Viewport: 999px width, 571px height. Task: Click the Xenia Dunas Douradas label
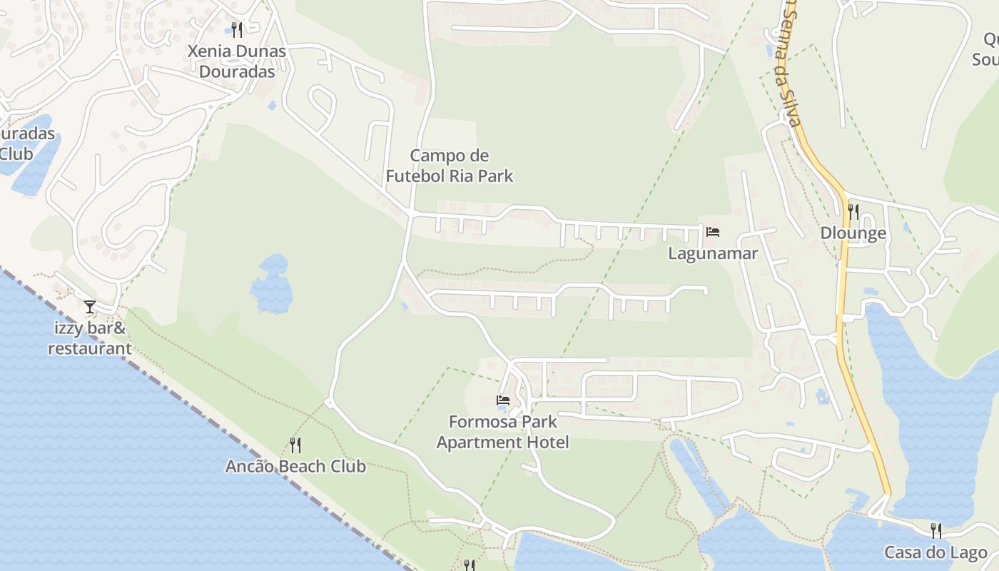pyautogui.click(x=237, y=61)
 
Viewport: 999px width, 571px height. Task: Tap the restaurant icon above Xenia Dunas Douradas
pyautogui.click(x=238, y=29)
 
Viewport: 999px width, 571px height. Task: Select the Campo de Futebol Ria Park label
pyautogui.click(x=450, y=166)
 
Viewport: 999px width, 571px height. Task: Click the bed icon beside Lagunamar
pyautogui.click(x=712, y=232)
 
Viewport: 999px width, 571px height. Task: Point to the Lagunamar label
pyautogui.click(x=712, y=253)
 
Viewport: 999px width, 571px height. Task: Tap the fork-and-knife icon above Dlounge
pyautogui.click(x=853, y=211)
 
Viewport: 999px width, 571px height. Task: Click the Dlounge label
pyautogui.click(x=853, y=233)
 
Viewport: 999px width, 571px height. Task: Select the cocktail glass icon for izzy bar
pyautogui.click(x=90, y=307)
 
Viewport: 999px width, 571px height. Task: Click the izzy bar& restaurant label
pyautogui.click(x=90, y=338)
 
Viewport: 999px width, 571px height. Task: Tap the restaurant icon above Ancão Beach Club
pyautogui.click(x=295, y=445)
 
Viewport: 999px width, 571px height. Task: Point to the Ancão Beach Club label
pyautogui.click(x=295, y=467)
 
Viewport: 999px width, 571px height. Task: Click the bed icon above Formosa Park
pyautogui.click(x=503, y=400)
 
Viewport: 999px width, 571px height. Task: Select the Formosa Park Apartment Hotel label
pyautogui.click(x=503, y=432)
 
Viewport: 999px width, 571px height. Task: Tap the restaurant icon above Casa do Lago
pyautogui.click(x=936, y=530)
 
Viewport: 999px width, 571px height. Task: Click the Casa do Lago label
pyautogui.click(x=936, y=552)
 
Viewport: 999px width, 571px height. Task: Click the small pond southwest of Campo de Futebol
pyautogui.click(x=272, y=285)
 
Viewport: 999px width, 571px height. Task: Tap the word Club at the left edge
pyautogui.click(x=16, y=153)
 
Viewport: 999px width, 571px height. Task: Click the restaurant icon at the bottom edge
pyautogui.click(x=469, y=565)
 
